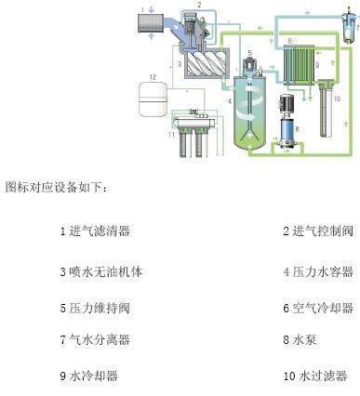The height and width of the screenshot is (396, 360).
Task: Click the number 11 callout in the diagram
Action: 170,137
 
